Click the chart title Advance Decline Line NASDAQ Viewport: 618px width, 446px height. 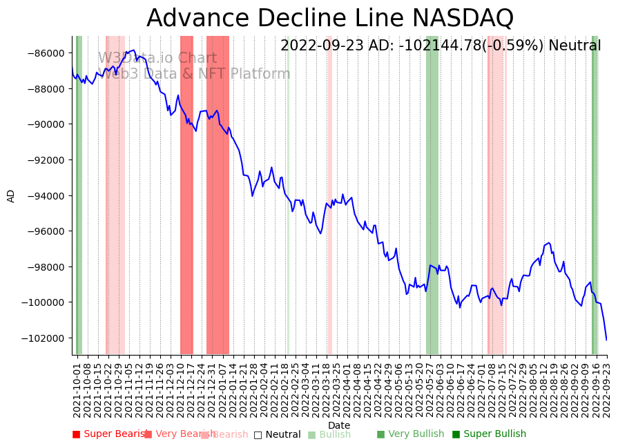click(x=330, y=18)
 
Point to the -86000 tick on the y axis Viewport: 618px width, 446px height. click(x=46, y=53)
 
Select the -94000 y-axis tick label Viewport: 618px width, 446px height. click(x=46, y=196)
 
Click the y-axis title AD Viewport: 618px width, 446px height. click(x=11, y=195)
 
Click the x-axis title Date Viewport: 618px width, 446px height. click(x=339, y=426)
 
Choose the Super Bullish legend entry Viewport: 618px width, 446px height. click(x=490, y=434)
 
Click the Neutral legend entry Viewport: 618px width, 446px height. click(x=278, y=435)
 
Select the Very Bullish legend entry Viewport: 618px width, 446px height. click(x=410, y=434)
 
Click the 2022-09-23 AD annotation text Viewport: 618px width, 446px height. click(x=441, y=46)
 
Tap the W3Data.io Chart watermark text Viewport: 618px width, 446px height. click(x=157, y=59)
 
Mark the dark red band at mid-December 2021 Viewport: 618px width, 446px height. click(x=186, y=195)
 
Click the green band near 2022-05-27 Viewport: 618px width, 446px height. click(x=432, y=195)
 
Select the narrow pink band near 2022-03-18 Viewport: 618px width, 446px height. click(x=329, y=195)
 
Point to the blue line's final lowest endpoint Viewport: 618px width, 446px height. click(x=607, y=340)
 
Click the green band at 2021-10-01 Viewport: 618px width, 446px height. click(x=79, y=195)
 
